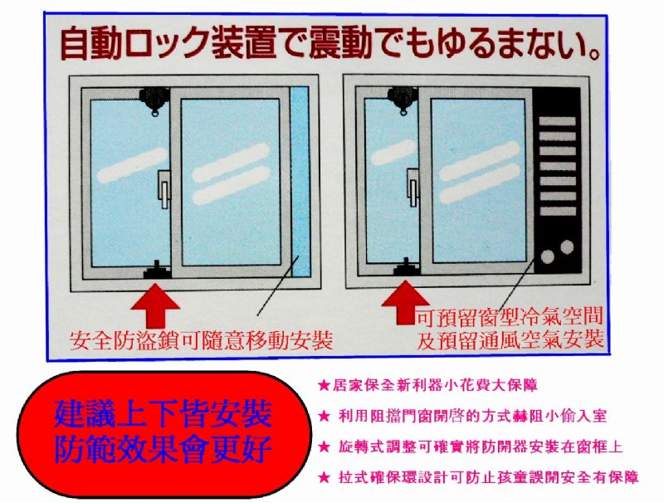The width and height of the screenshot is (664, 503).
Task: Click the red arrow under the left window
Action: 155,305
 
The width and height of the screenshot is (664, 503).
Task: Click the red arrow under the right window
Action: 405,302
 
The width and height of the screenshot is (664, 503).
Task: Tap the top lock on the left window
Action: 154,100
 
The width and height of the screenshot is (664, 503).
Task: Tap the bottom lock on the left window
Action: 157,270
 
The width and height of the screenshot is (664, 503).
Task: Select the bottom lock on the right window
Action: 407,266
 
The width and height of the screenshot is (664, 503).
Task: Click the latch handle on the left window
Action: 164,189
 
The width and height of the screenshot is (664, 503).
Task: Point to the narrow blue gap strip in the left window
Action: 300,182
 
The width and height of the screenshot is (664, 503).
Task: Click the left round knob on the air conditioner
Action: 548,256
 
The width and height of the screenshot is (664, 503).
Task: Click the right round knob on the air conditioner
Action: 567,247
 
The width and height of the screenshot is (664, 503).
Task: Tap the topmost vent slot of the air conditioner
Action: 557,121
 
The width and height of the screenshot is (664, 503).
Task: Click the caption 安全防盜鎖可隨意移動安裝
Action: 201,341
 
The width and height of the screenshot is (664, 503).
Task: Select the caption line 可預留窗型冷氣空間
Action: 509,317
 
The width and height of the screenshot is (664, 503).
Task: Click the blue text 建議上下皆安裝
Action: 163,414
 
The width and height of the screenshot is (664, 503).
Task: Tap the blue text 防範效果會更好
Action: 163,449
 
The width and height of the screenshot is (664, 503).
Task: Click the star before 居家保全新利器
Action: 324,386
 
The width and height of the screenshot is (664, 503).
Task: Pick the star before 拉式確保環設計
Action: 324,478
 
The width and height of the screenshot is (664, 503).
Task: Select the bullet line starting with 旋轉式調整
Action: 470,447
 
